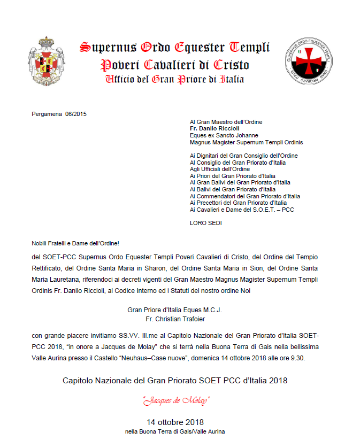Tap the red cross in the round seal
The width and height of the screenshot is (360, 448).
pos(309,60)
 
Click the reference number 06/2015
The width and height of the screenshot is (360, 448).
pos(75,114)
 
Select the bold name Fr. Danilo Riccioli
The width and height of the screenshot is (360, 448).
pos(214,128)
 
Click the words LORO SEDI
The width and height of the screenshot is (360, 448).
pos(205,223)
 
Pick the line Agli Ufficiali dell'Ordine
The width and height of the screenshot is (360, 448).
pos(219,169)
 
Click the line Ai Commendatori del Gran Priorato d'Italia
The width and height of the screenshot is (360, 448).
pos(244,196)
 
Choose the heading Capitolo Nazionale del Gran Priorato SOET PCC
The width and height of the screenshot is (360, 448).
pos(175,381)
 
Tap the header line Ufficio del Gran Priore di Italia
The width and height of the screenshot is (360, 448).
pos(175,80)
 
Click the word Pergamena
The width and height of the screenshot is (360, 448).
pos(47,114)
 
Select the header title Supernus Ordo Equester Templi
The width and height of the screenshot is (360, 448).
pos(175,48)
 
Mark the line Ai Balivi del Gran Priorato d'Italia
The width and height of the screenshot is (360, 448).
pos(233,189)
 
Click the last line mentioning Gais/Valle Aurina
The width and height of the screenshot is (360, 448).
pos(175,431)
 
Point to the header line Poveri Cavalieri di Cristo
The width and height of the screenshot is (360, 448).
pos(175,65)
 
